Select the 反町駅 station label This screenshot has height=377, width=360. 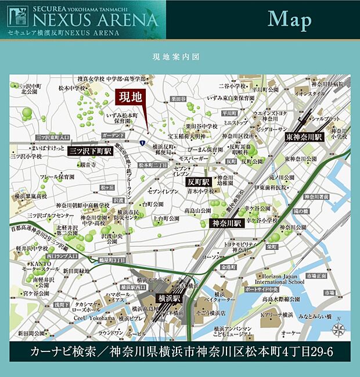[198, 182]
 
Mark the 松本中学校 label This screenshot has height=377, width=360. [72, 88]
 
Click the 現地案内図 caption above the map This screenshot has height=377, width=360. [176, 58]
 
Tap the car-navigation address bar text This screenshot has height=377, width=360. [181, 351]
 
